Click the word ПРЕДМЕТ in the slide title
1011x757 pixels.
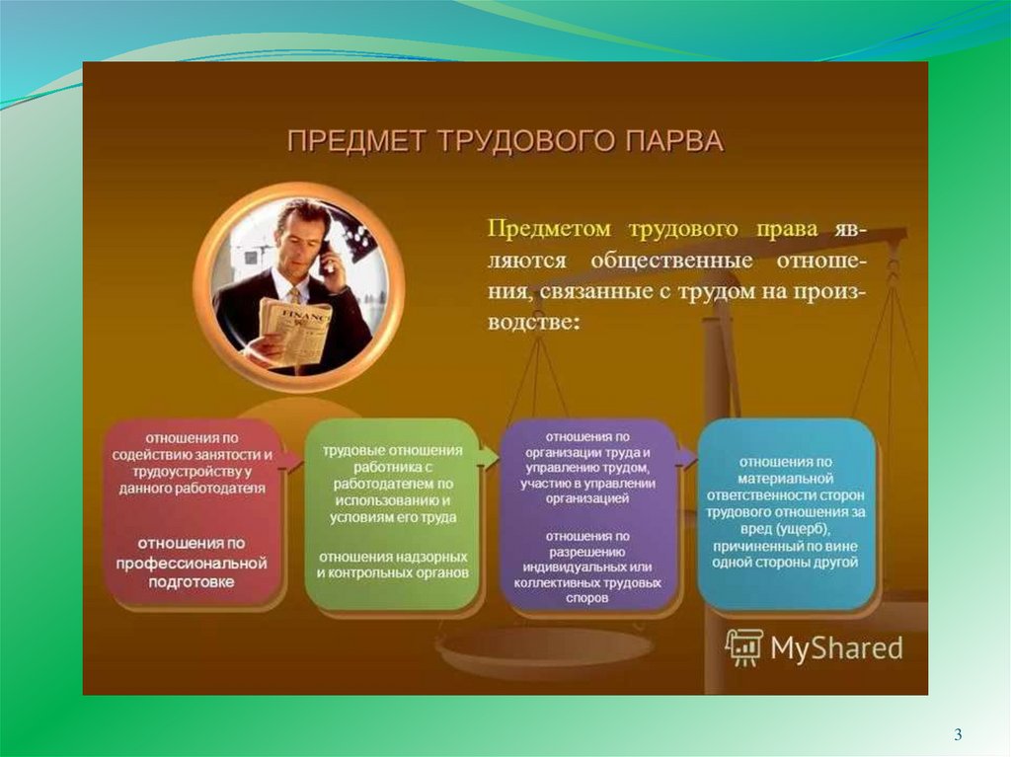pos(356,140)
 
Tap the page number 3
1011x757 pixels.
pos(958,734)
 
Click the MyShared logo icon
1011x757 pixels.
pos(743,646)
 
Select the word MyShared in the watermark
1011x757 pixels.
pos(836,648)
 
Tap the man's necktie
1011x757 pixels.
pos(294,296)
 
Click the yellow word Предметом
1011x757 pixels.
pos(549,228)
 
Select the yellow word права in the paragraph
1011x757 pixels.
pos(787,229)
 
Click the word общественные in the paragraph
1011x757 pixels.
pos(671,261)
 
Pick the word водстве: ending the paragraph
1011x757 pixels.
pos(533,321)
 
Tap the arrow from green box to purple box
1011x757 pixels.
pos(490,458)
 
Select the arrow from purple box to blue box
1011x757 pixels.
pos(687,457)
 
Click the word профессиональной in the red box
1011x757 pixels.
pos(192,563)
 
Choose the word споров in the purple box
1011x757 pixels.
pos(587,598)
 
